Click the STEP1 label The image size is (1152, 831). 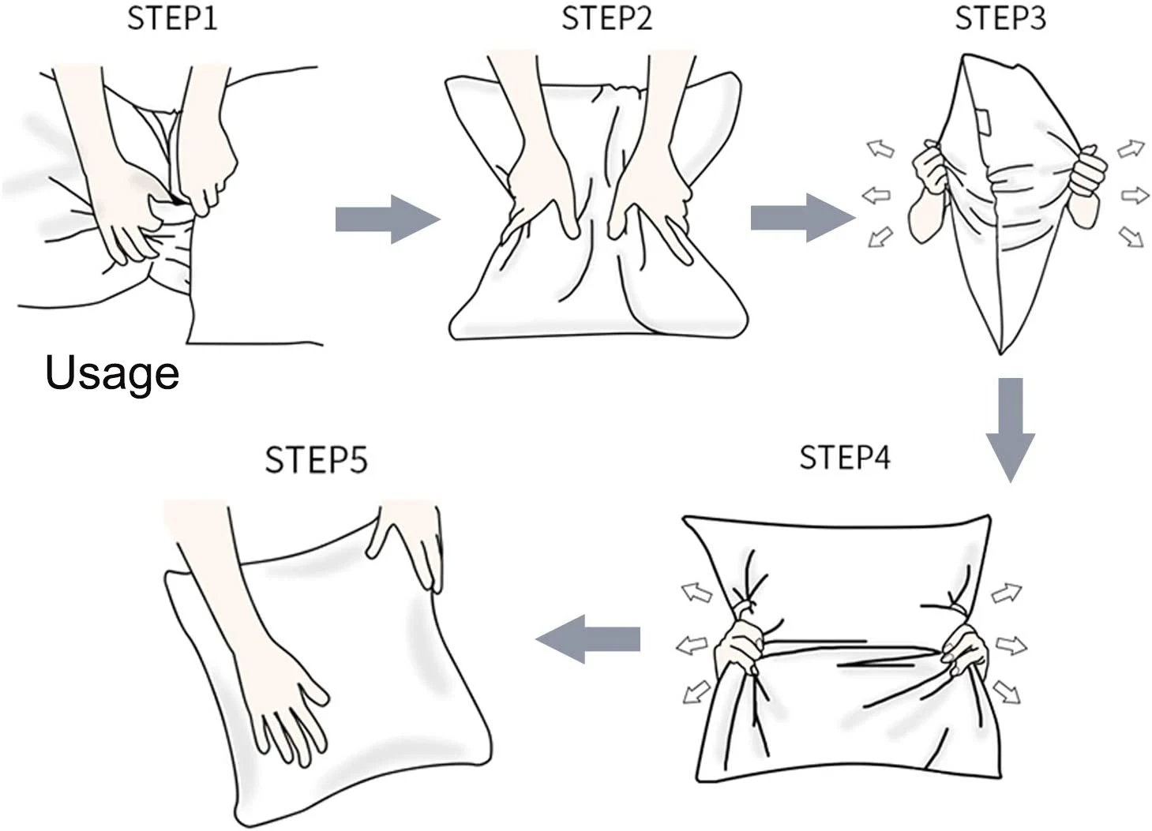(171, 18)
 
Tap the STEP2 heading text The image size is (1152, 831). (606, 18)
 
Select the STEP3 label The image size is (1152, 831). (1000, 18)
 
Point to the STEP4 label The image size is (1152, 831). (844, 458)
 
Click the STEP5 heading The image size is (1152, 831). (316, 460)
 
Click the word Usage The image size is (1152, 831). (112, 372)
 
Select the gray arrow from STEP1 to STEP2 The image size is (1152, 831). (387, 219)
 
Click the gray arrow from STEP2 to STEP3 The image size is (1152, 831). (801, 217)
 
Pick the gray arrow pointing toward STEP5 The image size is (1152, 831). (589, 638)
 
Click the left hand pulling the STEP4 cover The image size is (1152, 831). (740, 643)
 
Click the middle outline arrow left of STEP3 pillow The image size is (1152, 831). (876, 194)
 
